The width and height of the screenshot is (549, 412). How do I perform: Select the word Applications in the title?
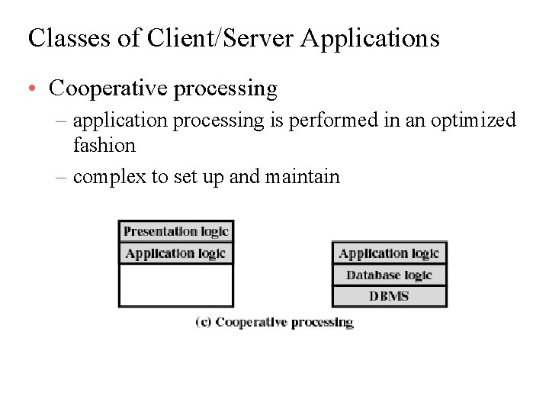tap(370, 37)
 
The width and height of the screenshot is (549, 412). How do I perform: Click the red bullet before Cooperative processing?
tap(33, 89)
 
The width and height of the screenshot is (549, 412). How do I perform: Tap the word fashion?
tap(104, 145)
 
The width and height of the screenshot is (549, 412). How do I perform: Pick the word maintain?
tap(302, 177)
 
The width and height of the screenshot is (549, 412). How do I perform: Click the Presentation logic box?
tap(175, 231)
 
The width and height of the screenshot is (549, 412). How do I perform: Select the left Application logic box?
tap(175, 253)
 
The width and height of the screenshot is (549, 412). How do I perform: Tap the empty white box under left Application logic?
tap(175, 285)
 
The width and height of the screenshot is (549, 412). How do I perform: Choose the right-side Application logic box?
tap(389, 253)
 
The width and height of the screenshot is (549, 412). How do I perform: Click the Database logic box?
tap(389, 275)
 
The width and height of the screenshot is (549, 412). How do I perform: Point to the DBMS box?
tap(389, 296)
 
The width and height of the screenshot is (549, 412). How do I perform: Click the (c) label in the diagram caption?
tap(203, 322)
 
